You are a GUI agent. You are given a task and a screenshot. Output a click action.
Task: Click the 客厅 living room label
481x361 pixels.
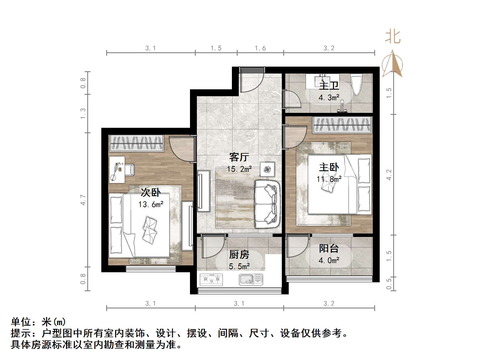(x=239, y=157)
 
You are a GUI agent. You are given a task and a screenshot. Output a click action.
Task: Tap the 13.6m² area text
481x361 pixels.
(x=151, y=205)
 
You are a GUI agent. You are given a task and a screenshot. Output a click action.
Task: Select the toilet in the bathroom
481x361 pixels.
(x=357, y=84)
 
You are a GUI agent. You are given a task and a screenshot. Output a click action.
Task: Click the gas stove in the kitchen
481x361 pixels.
(x=212, y=279)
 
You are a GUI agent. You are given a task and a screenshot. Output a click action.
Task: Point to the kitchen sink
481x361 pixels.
(x=251, y=279)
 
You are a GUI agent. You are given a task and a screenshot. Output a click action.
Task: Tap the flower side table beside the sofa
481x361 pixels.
(x=267, y=169)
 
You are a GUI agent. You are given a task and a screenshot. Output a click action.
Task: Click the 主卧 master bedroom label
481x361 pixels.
(x=329, y=167)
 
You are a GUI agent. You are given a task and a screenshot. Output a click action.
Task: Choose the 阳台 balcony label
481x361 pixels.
(x=329, y=249)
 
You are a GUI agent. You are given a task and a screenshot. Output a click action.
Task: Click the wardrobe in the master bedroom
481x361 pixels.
(x=342, y=125)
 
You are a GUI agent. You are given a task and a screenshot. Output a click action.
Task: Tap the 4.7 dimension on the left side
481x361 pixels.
(x=83, y=200)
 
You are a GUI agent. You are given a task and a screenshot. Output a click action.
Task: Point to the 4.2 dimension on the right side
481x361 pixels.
(x=389, y=175)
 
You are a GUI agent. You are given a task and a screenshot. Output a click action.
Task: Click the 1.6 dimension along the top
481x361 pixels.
(x=260, y=48)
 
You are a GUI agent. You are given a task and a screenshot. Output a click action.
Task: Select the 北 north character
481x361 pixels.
(x=393, y=37)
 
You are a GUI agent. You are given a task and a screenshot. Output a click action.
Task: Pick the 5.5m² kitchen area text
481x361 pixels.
(x=239, y=267)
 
